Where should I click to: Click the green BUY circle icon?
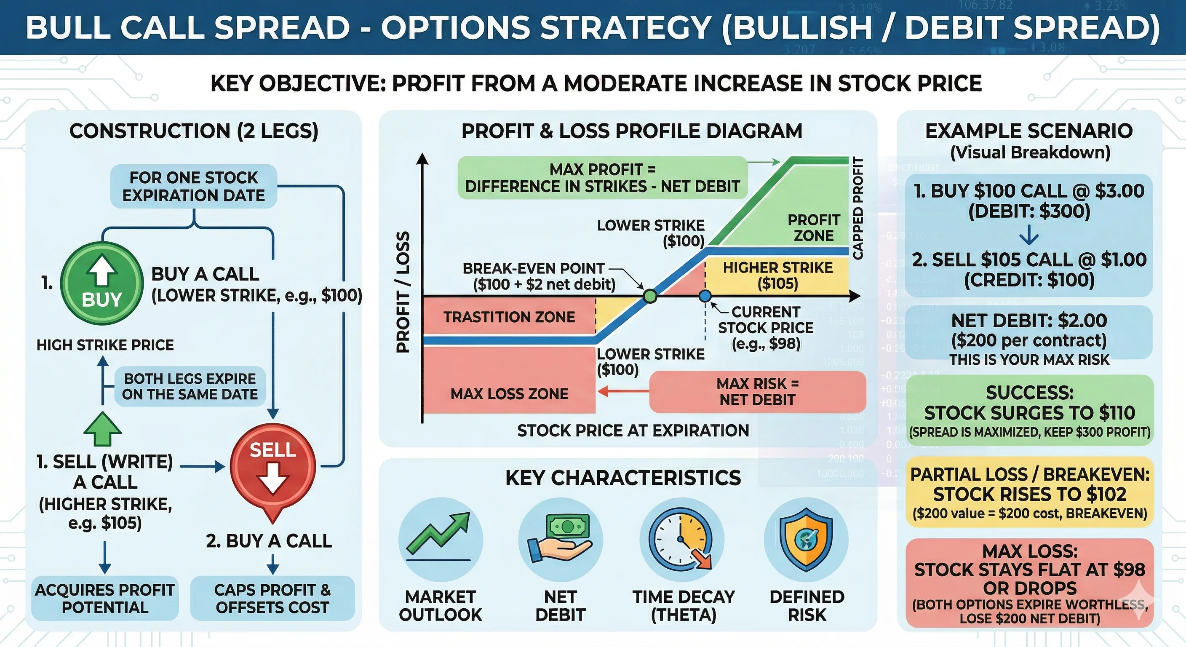[x=102, y=283]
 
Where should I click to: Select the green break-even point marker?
[x=649, y=296]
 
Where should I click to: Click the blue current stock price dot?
[x=705, y=296]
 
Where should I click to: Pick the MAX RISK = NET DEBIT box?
[x=757, y=391]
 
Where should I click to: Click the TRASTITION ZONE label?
[x=509, y=317]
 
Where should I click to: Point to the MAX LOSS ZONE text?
[x=509, y=394]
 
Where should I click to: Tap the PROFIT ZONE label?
[x=814, y=227]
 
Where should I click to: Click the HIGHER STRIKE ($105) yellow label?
[x=777, y=275]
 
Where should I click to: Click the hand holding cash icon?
[x=560, y=539]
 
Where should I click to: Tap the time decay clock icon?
[x=682, y=539]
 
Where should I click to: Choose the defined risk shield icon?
[x=806, y=539]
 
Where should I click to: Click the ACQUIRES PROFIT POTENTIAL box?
[x=105, y=598]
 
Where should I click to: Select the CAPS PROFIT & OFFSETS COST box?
[x=272, y=598]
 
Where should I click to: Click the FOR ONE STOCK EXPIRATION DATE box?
[x=194, y=186]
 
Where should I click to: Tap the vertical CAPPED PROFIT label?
[x=858, y=208]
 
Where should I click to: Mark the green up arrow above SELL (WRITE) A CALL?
[x=103, y=429]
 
